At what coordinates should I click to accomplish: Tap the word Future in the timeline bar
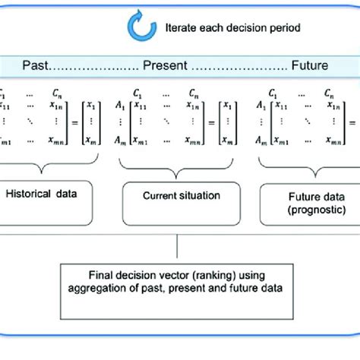click(x=309, y=66)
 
